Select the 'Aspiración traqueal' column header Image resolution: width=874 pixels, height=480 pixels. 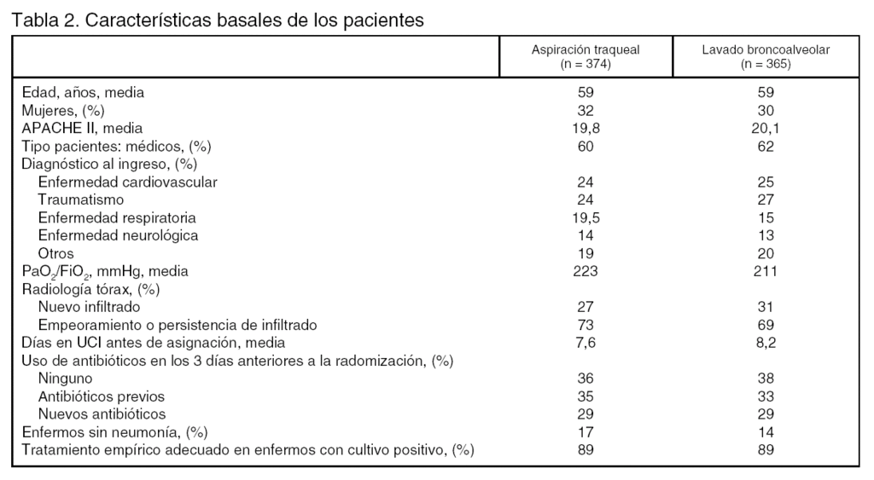coord(586,50)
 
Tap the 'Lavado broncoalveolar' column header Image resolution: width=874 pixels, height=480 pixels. coord(765,50)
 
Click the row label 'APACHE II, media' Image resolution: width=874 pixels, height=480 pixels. coord(76,128)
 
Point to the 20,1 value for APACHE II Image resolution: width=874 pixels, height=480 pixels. coord(765,128)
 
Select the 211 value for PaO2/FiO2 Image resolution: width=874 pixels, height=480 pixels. coord(765,271)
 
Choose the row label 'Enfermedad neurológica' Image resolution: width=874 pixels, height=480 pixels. coord(118,235)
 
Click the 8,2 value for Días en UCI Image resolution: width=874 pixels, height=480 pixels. coord(765,343)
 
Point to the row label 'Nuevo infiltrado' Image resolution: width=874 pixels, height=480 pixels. coord(90,307)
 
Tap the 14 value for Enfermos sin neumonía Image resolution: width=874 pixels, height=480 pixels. coord(765,432)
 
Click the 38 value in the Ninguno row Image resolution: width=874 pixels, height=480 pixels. coord(765,379)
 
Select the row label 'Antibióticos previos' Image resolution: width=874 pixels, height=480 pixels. coord(102,396)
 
